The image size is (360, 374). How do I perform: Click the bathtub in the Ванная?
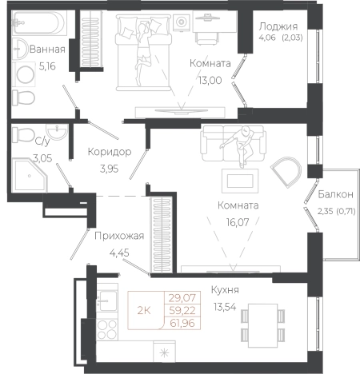click(39, 23)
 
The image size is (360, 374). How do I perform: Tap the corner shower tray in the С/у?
click(30, 175)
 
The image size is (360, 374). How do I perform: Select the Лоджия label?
click(278, 26)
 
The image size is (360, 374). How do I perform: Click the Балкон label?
click(335, 194)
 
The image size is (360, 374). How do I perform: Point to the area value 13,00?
click(210, 80)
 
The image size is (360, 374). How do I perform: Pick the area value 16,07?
click(238, 222)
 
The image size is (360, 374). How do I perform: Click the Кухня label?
click(225, 290)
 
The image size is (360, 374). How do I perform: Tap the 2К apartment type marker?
click(144, 311)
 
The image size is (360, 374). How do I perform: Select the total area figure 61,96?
click(182, 324)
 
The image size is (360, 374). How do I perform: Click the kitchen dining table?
click(262, 325)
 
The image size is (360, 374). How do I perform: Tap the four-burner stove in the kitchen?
click(107, 329)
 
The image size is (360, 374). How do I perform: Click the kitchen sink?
click(107, 301)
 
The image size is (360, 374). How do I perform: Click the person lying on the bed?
click(142, 54)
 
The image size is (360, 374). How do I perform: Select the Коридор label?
click(110, 152)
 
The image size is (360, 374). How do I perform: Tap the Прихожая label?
click(119, 236)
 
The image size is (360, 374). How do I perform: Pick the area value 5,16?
click(47, 66)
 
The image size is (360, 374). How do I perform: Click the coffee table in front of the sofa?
click(240, 181)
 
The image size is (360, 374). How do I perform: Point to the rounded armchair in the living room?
click(286, 172)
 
